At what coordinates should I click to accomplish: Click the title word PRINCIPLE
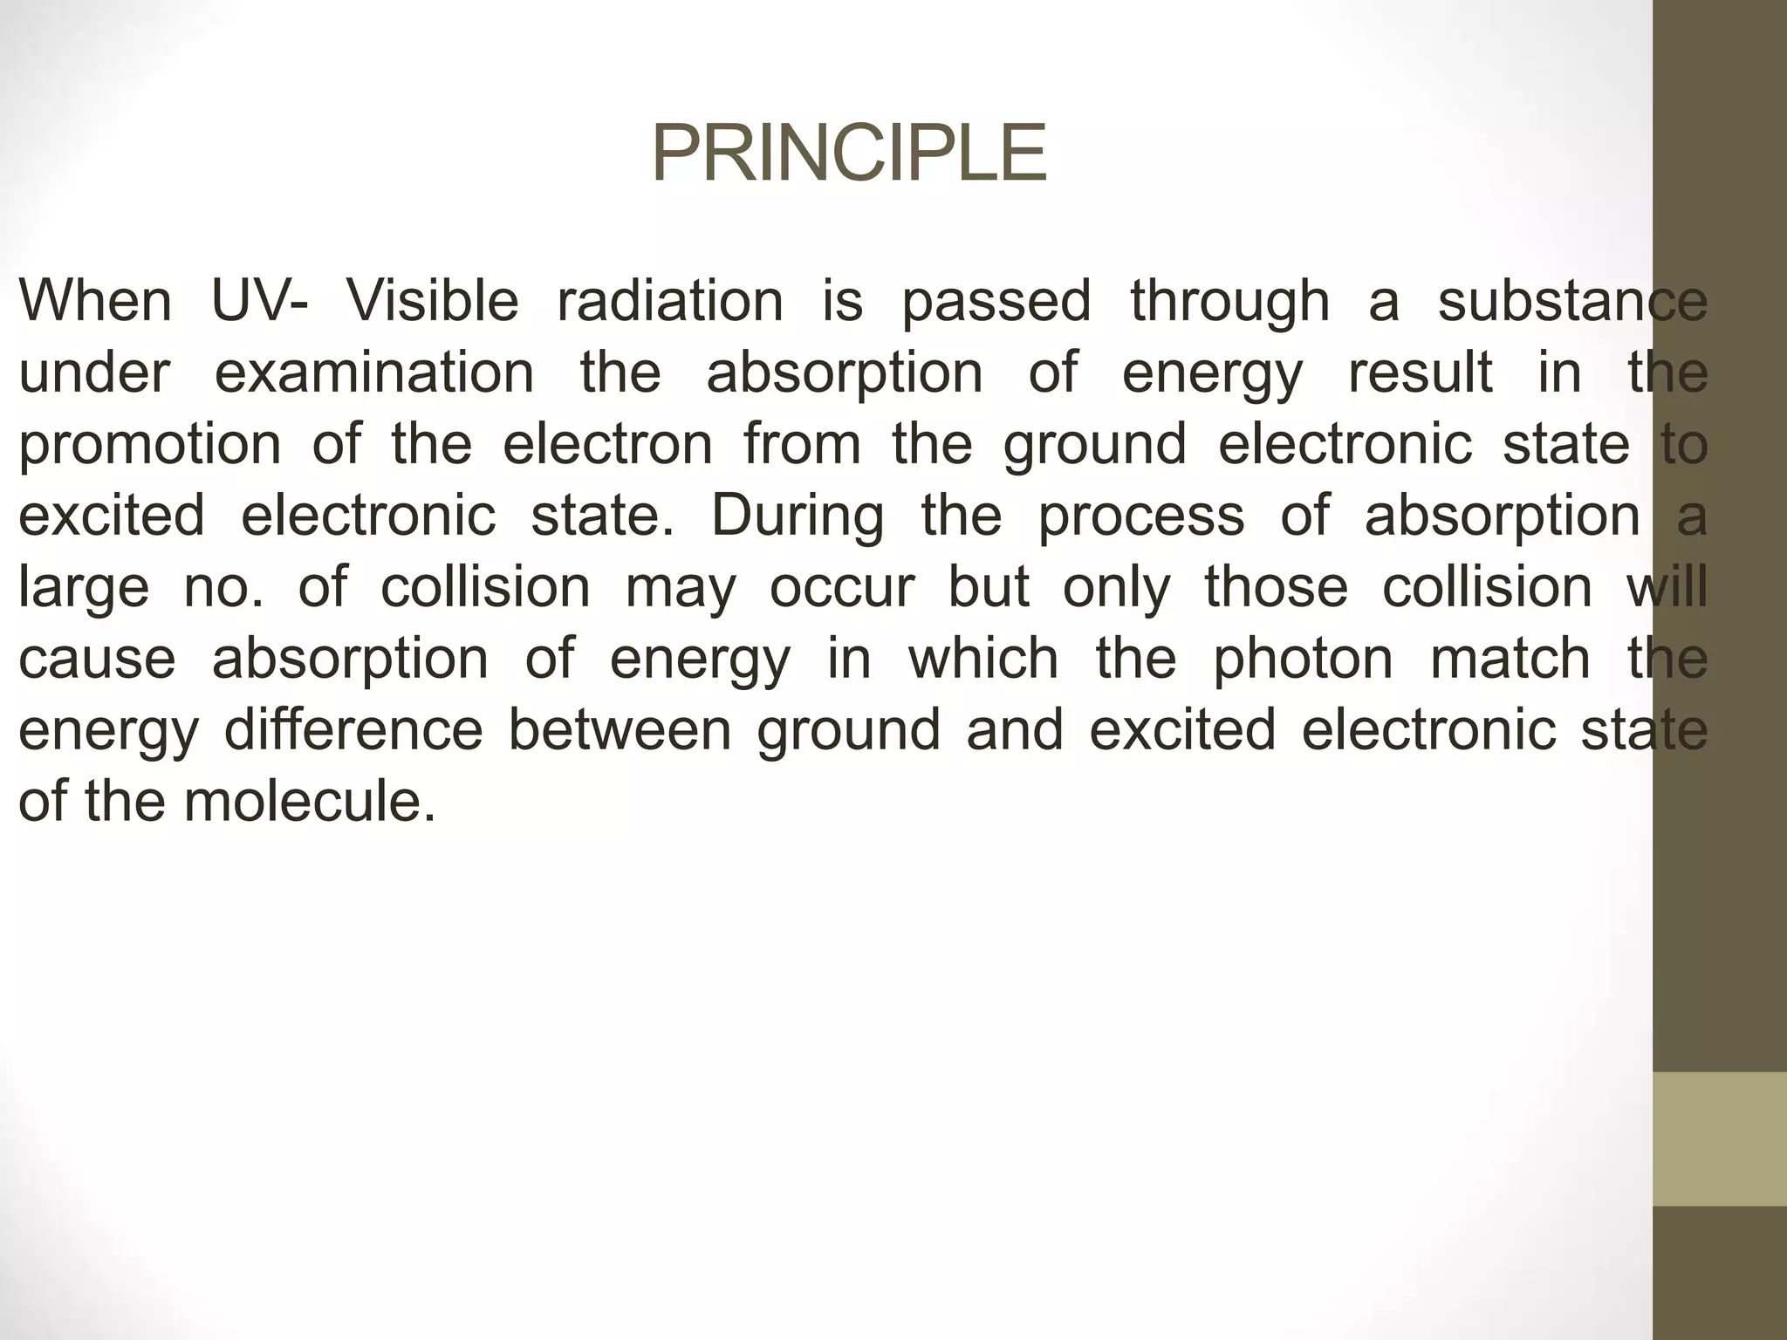[848, 154]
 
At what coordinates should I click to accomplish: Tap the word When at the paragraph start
[95, 301]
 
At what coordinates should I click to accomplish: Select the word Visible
[433, 301]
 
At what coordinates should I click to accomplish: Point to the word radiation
[670, 301]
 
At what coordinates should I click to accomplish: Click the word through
[1229, 303]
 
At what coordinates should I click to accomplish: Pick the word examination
[374, 373]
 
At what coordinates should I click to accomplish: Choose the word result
[1420, 373]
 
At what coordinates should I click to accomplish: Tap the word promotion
[149, 445]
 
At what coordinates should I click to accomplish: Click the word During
[798, 516]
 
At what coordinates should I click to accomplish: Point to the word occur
[841, 587]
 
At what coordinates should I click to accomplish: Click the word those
[1276, 587]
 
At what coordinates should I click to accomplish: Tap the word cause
[97, 659]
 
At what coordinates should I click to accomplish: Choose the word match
[1510, 659]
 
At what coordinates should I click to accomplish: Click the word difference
[353, 729]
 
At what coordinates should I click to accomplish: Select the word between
[620, 729]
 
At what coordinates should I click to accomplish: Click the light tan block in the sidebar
[1720, 1138]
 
